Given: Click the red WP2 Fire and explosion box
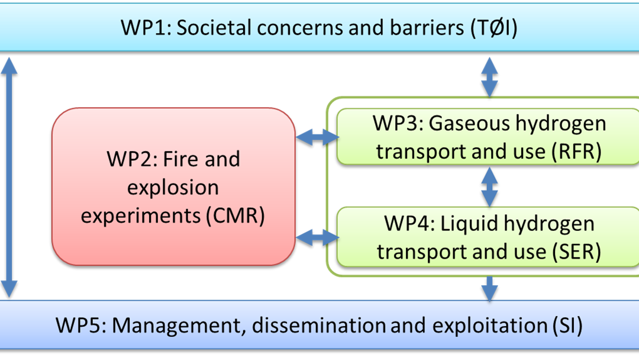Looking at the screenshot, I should point(173,187).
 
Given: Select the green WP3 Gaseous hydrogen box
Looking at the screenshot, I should point(489,137).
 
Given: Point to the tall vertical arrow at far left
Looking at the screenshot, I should point(9,176).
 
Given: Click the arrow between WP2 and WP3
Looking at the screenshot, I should point(317,138).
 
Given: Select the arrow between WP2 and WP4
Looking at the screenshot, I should point(317,238).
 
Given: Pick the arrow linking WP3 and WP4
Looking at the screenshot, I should point(489,187).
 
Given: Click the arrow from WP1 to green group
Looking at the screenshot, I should point(489,76).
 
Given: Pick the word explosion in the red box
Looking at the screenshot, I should point(173,188).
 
